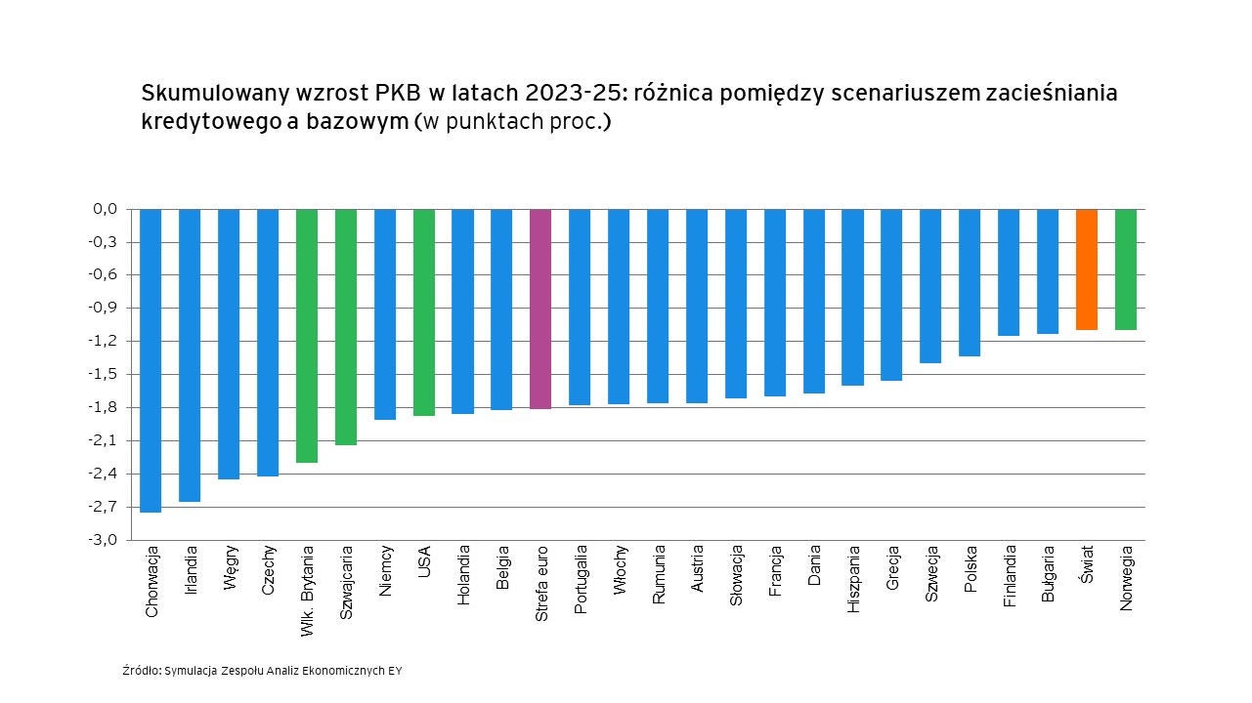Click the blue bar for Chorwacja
151,360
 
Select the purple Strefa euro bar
540,309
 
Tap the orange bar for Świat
1087,269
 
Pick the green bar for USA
424,312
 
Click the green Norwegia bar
1126,269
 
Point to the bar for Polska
970,282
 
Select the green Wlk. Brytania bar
307,336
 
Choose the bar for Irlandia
190,355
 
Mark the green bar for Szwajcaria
346,327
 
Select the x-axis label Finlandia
1010,575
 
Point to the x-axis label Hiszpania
854,578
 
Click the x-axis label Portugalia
581,579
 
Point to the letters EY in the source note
394,671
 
